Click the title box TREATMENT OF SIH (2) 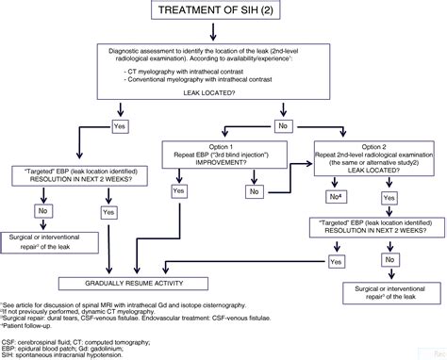tap(223, 13)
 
